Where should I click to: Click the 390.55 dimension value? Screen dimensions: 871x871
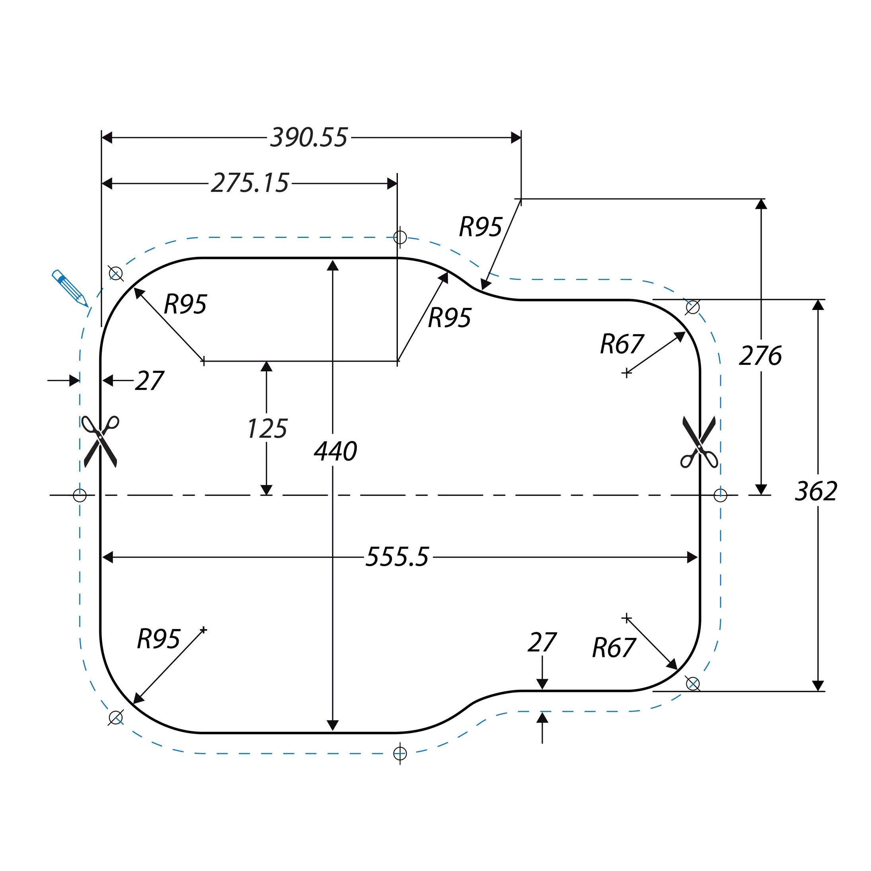click(x=309, y=138)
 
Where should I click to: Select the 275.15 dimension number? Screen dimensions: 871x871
click(x=250, y=183)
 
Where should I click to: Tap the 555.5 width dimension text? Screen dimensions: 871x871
click(x=397, y=557)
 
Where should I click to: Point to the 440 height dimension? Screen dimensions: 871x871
click(x=335, y=451)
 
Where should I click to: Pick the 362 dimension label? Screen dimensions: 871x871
click(x=816, y=491)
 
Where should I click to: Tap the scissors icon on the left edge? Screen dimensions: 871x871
click(x=100, y=441)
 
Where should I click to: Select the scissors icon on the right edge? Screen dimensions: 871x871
click(x=699, y=442)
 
